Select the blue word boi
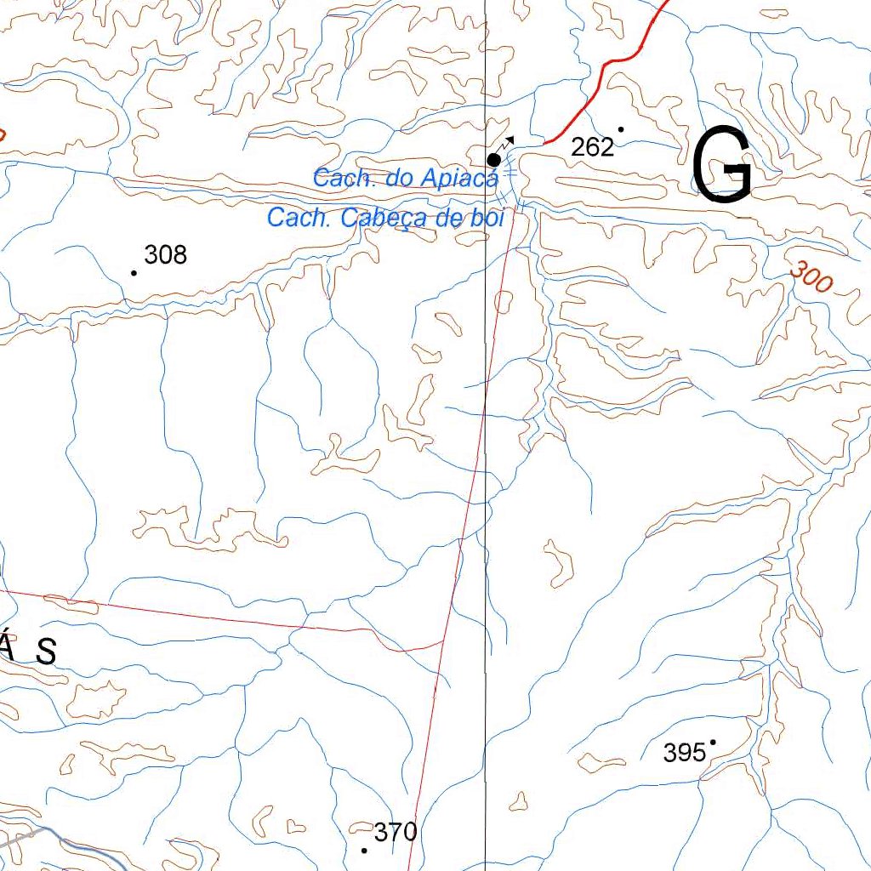point(486,218)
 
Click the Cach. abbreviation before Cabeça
point(300,218)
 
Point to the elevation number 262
point(593,147)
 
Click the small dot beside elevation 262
point(621,129)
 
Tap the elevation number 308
point(166,254)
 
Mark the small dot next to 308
point(134,273)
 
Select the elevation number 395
point(685,753)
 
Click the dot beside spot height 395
point(713,742)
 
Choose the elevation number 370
point(396,832)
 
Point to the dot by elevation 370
point(365,850)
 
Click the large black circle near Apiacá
point(493,160)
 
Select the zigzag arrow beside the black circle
point(507,142)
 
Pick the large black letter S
point(46,652)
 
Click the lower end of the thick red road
point(545,143)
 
